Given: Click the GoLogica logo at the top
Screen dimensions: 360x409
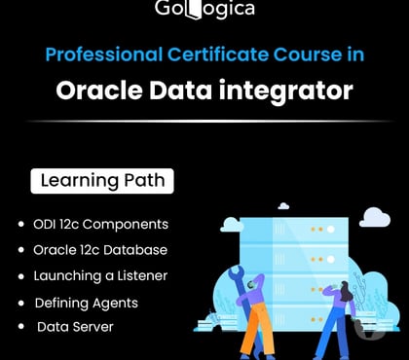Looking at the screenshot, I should (x=204, y=9).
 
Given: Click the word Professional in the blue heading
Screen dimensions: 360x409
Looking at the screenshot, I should (x=96, y=54).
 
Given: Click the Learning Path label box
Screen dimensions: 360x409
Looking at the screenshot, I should (x=101, y=181).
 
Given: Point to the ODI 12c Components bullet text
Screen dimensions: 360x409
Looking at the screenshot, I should (x=100, y=224).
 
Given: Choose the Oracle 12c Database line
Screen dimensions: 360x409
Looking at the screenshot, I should (x=100, y=250).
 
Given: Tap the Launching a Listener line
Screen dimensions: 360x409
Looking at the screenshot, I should (x=100, y=275).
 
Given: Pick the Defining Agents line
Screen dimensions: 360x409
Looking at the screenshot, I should (x=86, y=303).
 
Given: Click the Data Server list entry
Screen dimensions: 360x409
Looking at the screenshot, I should (x=75, y=327).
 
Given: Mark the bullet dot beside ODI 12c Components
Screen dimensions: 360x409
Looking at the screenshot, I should (x=21, y=225).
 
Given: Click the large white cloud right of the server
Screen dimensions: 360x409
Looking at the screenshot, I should (x=374, y=217).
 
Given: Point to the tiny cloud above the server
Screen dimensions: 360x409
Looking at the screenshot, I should (x=283, y=206).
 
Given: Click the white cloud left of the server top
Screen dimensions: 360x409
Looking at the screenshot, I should (x=231, y=225).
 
